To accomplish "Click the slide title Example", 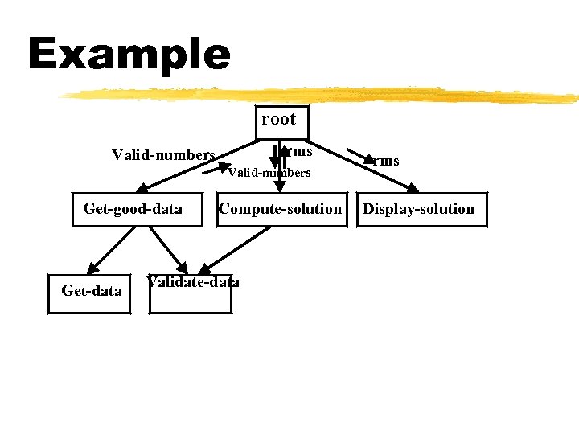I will pyautogui.click(x=129, y=55).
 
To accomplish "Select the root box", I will pyautogui.click(x=278, y=120).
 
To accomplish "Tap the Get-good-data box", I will pyautogui.click(x=133, y=210).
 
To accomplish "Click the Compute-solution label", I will pyautogui.click(x=280, y=209).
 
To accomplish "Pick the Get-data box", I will pyautogui.click(x=91, y=290).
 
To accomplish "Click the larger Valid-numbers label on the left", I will pyautogui.click(x=163, y=154).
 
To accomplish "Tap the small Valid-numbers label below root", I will pyautogui.click(x=269, y=172).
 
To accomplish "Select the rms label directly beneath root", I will pyautogui.click(x=299, y=150).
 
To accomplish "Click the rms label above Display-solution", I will pyautogui.click(x=386, y=161).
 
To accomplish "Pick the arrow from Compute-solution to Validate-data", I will pyautogui.click(x=233, y=248).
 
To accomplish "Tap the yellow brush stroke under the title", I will pyautogui.click(x=322, y=96).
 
